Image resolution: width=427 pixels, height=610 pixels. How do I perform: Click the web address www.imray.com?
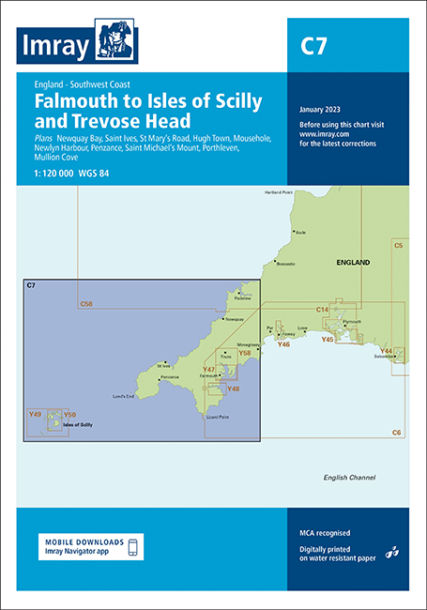[x=319, y=134]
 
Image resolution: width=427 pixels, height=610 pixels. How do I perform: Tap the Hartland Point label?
[x=280, y=193]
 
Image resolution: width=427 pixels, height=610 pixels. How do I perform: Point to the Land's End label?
[x=126, y=395]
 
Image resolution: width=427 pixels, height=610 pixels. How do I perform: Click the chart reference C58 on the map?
[x=86, y=304]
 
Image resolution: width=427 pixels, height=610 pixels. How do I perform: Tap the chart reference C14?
[x=322, y=309]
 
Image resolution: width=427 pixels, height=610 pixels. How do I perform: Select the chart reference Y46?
[x=282, y=344]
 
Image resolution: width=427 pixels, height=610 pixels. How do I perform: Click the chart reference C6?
[x=396, y=431]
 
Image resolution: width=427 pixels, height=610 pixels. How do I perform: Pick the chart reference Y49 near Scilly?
[x=36, y=414]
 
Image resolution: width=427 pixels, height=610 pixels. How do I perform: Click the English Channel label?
[x=348, y=478]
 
